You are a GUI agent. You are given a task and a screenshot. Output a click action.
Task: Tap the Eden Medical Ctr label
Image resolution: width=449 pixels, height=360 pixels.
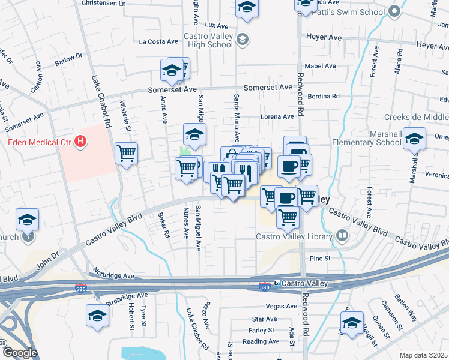pyautogui.click(x=40, y=143)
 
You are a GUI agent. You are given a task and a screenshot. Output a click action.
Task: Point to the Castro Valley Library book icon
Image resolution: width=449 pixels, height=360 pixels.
pyautogui.click(x=343, y=236)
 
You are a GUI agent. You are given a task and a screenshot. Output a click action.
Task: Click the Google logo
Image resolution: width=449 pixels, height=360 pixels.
pyautogui.click(x=19, y=353)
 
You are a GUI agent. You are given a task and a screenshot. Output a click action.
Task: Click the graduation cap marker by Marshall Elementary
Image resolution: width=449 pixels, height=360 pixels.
pyautogui.click(x=414, y=139)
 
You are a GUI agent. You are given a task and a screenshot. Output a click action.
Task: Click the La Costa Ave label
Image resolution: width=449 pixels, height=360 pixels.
pyautogui.click(x=158, y=42)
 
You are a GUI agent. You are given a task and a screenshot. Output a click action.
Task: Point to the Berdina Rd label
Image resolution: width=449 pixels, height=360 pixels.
pyautogui.click(x=323, y=96)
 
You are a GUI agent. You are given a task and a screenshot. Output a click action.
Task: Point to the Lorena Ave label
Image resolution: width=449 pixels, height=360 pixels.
pyautogui.click(x=277, y=116)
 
